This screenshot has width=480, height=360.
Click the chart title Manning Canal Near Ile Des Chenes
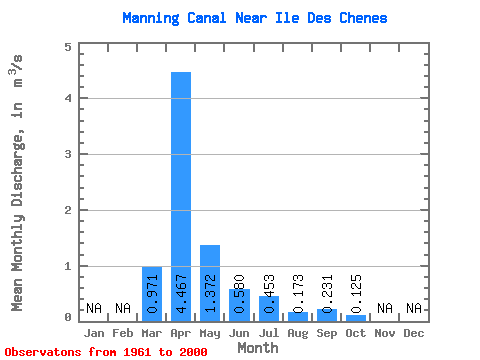255,18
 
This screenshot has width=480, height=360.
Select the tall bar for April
181,197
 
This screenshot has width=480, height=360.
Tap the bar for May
210,283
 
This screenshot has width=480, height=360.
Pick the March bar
152,294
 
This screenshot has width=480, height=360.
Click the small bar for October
356,318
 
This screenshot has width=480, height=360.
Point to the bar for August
298,317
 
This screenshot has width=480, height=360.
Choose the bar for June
239,305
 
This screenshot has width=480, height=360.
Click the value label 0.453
269,294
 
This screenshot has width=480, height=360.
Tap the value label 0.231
327,294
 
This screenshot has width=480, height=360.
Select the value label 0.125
356,294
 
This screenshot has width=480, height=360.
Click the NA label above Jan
94,308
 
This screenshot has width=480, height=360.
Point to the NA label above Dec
414,308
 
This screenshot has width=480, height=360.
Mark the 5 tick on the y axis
68,47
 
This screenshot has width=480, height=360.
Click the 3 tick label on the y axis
68,154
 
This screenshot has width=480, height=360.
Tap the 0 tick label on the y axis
68,317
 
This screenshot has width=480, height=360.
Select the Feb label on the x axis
123,333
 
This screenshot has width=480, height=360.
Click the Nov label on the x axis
385,333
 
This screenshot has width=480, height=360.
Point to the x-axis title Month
258,348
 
